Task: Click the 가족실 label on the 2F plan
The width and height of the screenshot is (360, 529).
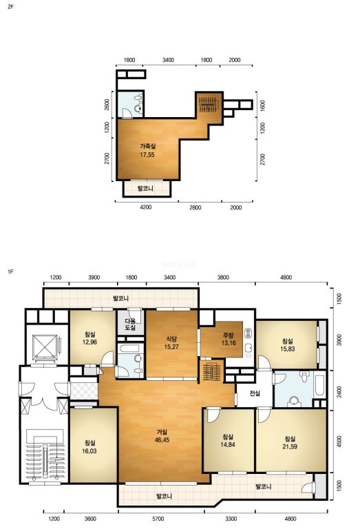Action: (x=147, y=147)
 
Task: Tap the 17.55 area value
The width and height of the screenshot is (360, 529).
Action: (x=147, y=155)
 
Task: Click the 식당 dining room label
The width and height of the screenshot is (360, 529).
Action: (x=171, y=339)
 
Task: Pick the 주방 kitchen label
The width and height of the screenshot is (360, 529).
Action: (x=229, y=335)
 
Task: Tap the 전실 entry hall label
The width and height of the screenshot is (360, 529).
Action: (x=255, y=393)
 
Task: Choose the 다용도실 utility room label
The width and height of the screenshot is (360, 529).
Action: (x=130, y=324)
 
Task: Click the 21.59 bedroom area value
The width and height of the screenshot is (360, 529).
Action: (x=290, y=446)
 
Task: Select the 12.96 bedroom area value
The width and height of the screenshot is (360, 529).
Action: (x=89, y=342)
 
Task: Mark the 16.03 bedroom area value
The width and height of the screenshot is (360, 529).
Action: (x=89, y=451)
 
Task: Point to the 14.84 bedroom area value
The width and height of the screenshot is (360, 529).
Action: (x=228, y=445)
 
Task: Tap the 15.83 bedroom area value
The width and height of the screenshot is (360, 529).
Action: (x=288, y=349)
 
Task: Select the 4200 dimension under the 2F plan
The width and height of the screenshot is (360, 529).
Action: (x=146, y=207)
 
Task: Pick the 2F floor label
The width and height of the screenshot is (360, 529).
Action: (x=10, y=6)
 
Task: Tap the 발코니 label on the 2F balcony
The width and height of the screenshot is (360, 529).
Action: (x=145, y=188)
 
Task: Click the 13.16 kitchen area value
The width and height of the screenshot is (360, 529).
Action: (x=229, y=343)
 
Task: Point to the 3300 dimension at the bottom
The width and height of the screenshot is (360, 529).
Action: (x=231, y=519)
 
